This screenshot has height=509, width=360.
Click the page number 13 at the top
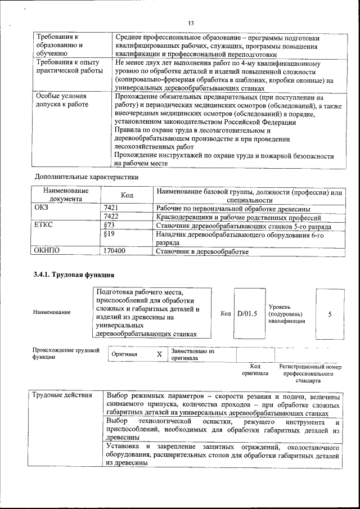(191, 23)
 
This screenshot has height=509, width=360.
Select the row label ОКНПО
(47, 251)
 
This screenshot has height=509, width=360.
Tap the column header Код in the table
(127, 195)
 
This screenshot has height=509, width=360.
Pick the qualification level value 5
(330, 314)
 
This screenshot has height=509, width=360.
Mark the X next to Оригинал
(159, 354)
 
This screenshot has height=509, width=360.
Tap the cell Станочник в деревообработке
(202, 251)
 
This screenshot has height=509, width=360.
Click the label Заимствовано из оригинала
(193, 354)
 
